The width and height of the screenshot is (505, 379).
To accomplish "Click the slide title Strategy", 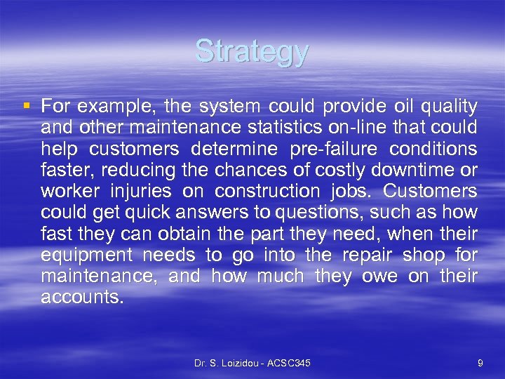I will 252,52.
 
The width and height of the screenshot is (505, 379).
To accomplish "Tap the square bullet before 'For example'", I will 27,107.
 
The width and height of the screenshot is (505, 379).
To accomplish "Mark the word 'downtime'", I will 414,170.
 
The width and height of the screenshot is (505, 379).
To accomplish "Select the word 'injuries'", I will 149,191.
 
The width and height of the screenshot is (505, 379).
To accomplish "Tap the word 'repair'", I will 370,254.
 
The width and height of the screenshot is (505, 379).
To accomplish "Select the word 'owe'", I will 379,275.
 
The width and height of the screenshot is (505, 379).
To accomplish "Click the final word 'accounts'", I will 81,296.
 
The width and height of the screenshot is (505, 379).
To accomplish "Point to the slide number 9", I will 479,362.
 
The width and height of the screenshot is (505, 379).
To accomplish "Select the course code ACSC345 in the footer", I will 290,362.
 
